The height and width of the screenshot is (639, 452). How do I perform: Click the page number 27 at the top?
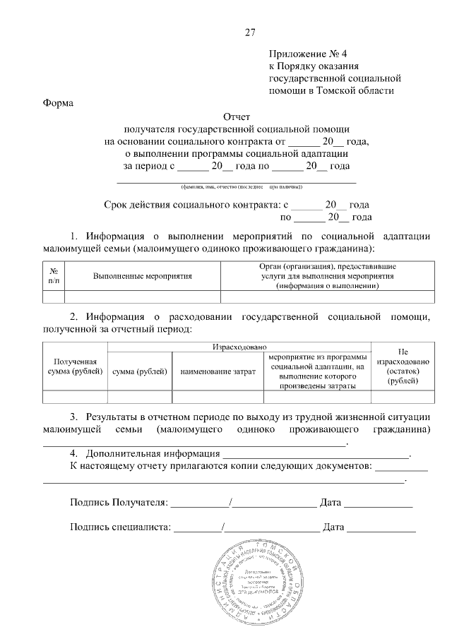pyautogui.click(x=249, y=32)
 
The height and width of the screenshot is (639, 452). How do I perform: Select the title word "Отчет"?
pyautogui.click(x=237, y=117)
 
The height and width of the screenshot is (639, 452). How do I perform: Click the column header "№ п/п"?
pyautogui.click(x=54, y=276)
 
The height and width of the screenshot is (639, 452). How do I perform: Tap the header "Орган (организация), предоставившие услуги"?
pyautogui.click(x=326, y=276)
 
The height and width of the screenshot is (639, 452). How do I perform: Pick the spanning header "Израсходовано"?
pyautogui.click(x=239, y=347)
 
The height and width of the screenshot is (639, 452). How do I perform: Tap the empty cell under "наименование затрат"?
pyautogui.click(x=218, y=396)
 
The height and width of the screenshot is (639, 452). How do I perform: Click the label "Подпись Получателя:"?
pyautogui.click(x=119, y=503)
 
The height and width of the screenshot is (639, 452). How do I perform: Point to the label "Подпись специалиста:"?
pyautogui.click(x=121, y=527)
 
